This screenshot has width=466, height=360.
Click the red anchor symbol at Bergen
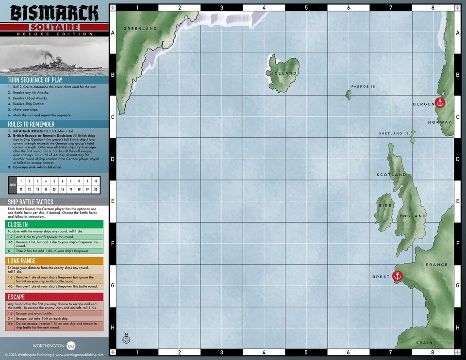(440, 103)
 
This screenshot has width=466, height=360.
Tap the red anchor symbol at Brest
(397, 276)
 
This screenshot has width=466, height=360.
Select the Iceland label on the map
(284, 73)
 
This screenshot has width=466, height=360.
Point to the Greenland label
(140, 29)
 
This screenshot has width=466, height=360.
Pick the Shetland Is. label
(394, 133)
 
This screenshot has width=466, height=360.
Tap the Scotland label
(391, 175)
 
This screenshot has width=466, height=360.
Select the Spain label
(424, 343)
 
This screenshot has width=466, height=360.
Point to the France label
(436, 265)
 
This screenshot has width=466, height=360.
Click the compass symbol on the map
(127, 339)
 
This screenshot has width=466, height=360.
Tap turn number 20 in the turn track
(96, 189)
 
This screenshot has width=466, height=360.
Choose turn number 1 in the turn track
(21, 181)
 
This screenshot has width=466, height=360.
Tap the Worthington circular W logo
(71, 346)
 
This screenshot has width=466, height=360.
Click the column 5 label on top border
(306, 8)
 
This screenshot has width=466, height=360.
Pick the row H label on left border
(113, 328)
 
